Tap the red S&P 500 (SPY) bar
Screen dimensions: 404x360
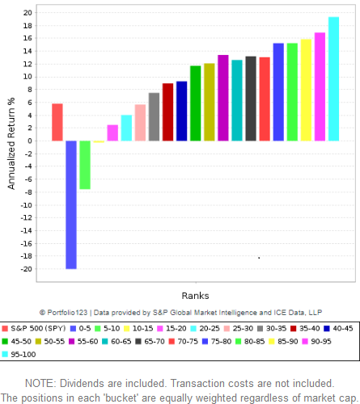click(57, 122)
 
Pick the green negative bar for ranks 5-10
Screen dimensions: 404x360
click(85, 165)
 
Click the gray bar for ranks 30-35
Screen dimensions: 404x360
click(154, 116)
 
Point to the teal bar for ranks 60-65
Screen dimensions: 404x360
click(237, 100)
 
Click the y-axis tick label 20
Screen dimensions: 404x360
click(28, 13)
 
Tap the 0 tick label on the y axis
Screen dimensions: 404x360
click(30, 141)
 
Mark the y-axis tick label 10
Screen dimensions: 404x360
click(28, 77)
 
